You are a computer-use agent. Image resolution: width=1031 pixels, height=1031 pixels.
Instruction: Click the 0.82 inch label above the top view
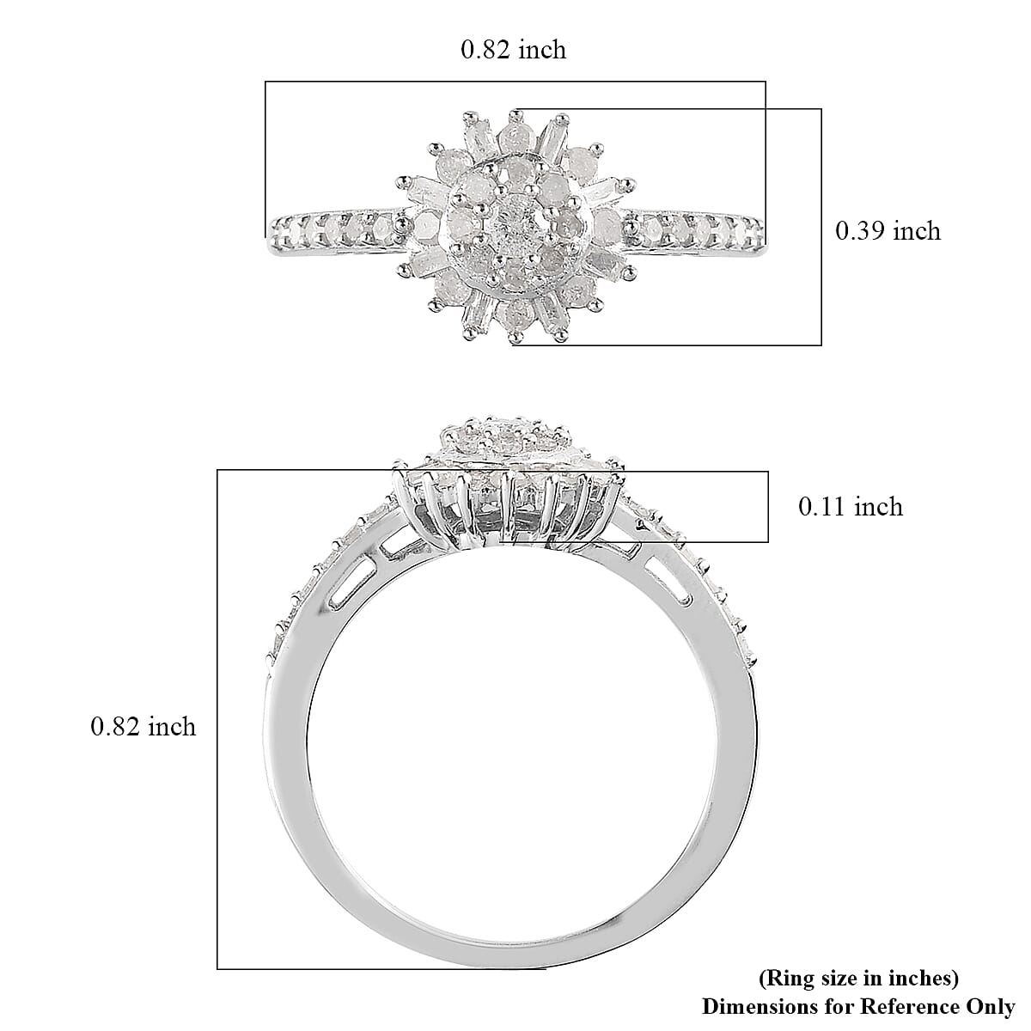coord(514,50)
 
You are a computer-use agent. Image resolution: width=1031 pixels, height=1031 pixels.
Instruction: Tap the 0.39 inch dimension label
coord(888,231)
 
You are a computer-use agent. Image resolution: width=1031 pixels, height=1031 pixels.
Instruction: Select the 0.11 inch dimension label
coord(851,507)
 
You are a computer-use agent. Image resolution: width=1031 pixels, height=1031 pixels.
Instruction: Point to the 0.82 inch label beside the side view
coord(143,727)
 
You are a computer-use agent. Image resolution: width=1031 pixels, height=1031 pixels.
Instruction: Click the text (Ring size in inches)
coord(858,978)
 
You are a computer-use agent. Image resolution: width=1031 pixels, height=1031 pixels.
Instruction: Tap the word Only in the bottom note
coord(994,1006)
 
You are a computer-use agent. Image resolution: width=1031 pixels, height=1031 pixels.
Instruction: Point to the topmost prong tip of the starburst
coord(515,112)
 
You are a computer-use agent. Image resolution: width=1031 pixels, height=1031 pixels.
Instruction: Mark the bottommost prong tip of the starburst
coord(515,341)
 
